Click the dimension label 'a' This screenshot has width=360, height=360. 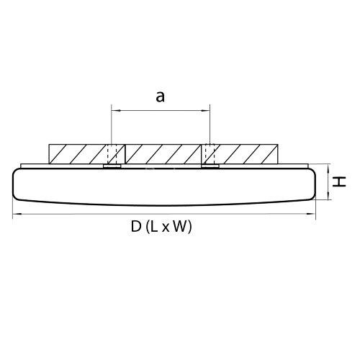(161, 97)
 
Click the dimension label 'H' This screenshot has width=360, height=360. (339, 181)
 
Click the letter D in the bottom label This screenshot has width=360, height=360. (136, 226)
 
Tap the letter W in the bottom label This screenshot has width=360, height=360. (179, 226)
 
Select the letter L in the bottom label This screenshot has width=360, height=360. (154, 226)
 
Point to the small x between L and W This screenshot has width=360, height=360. (166, 228)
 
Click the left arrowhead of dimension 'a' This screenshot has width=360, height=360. (115, 111)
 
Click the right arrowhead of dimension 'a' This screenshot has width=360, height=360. (206, 111)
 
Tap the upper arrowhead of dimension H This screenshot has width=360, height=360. (328, 168)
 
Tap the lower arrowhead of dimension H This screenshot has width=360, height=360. (328, 196)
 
